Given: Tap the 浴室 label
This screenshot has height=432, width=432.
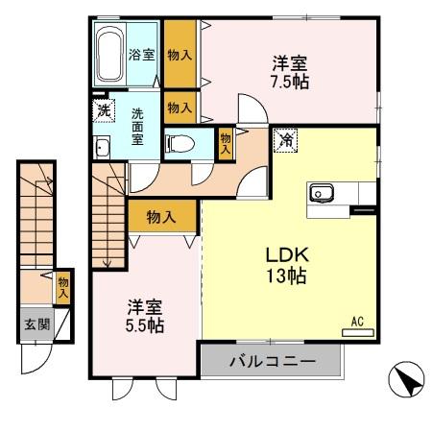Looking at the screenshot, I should pyautogui.click(x=141, y=55).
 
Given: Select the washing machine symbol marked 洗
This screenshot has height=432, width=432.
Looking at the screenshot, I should pyautogui.click(x=103, y=108).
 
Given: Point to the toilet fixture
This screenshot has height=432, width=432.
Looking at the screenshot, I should pyautogui.click(x=179, y=145).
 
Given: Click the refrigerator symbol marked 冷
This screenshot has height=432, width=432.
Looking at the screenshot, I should pyautogui.click(x=285, y=140).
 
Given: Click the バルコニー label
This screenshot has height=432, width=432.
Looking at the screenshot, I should pyautogui.click(x=272, y=363).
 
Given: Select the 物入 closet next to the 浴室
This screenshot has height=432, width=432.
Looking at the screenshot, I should pyautogui.click(x=180, y=55).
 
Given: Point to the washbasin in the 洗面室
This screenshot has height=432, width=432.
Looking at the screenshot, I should pyautogui.click(x=102, y=147).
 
